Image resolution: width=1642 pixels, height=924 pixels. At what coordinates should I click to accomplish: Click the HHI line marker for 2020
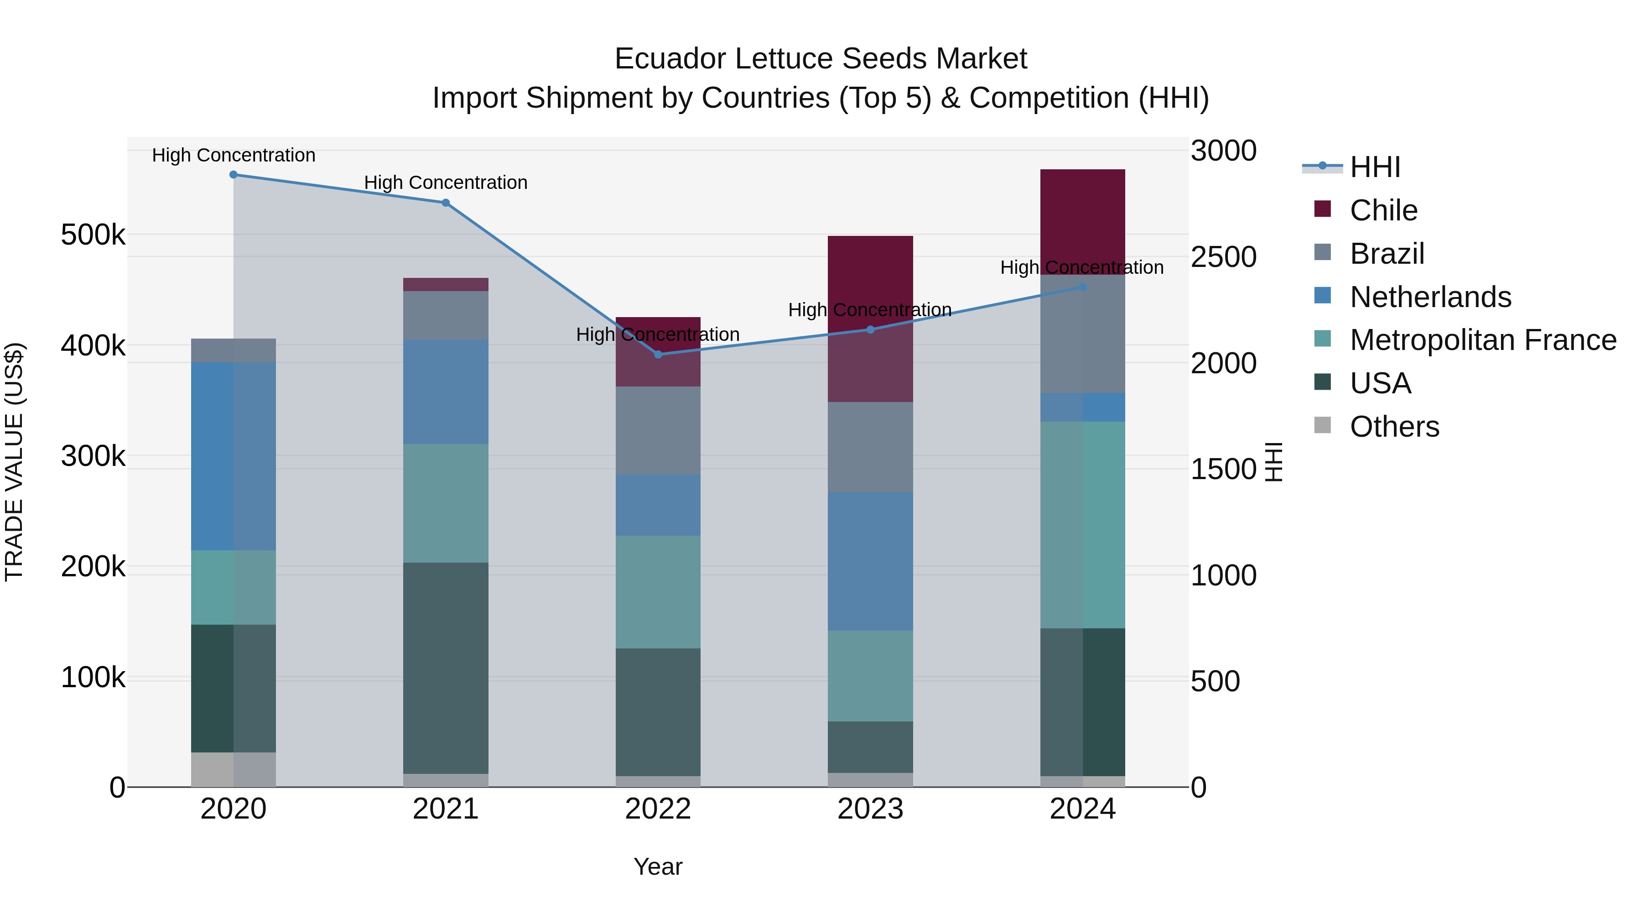(x=233, y=175)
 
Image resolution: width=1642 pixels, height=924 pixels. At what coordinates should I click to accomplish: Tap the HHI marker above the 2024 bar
(x=1082, y=287)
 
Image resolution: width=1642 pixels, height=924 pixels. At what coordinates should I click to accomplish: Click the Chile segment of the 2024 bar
(x=1082, y=217)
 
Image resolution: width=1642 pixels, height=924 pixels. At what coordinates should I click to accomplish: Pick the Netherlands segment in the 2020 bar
(x=233, y=456)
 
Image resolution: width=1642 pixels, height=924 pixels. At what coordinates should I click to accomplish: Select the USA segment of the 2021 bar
(x=446, y=668)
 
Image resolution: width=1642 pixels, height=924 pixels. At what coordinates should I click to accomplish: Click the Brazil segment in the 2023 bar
(x=870, y=446)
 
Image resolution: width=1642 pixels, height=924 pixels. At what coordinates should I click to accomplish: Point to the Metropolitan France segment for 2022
(x=658, y=592)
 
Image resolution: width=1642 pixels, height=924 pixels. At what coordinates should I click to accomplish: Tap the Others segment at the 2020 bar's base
(x=233, y=770)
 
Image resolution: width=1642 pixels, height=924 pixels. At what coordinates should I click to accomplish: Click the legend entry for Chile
(x=1383, y=210)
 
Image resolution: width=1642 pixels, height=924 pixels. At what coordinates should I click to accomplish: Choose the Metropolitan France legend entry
(x=1483, y=340)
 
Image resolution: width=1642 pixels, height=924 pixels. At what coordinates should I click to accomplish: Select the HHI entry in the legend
(x=1375, y=167)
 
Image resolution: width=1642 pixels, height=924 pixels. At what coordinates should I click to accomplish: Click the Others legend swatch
(x=1323, y=425)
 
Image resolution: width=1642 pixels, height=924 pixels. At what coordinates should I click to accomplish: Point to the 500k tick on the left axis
(x=93, y=235)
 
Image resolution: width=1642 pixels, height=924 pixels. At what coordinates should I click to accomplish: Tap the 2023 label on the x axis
(x=870, y=809)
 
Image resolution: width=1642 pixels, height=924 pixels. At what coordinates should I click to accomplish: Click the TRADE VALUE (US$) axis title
(x=14, y=462)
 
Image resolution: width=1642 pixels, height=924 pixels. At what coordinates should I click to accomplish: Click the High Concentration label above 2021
(x=446, y=183)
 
